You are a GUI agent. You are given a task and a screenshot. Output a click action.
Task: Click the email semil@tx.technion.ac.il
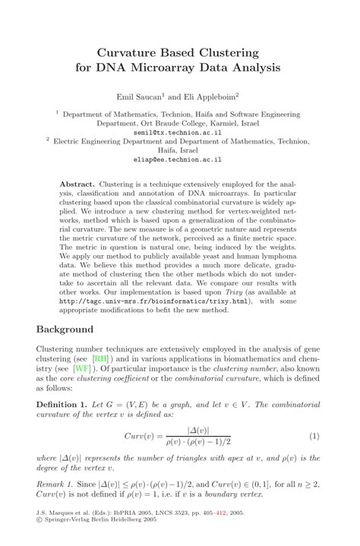(179, 131)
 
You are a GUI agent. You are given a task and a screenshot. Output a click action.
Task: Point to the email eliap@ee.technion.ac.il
(179, 160)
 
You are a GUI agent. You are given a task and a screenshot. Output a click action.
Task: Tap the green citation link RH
(100, 358)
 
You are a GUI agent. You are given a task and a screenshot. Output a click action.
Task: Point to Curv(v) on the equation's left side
(141, 436)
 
